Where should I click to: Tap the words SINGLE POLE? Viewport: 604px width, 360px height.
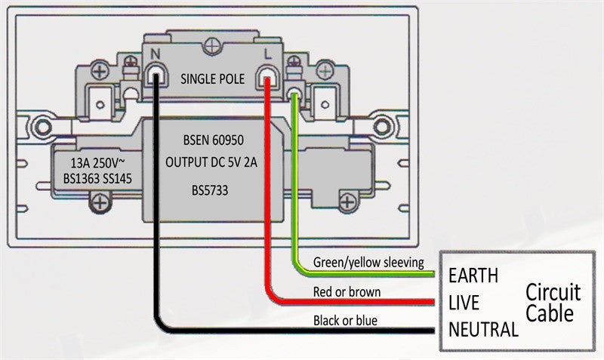click(212, 78)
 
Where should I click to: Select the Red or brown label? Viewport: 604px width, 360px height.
click(347, 291)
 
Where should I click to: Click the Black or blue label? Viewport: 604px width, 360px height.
click(345, 321)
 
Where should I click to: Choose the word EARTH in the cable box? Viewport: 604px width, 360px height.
click(473, 275)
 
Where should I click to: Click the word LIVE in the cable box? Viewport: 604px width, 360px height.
click(464, 303)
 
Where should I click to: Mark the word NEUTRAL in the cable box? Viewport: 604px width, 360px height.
click(483, 329)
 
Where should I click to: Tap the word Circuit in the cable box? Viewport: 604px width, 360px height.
click(553, 292)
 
